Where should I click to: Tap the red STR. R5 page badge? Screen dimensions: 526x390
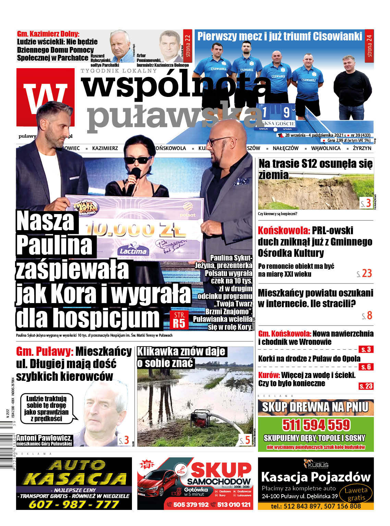[179, 320]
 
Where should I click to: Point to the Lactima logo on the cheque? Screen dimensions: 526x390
[133, 251]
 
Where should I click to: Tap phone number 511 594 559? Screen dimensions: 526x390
[316, 425]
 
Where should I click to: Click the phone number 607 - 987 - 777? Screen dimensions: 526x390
[74, 504]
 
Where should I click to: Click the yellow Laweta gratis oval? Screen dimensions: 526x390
[356, 494]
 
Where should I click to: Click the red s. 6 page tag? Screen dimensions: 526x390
[366, 367]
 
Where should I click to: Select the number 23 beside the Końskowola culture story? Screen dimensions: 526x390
[367, 273]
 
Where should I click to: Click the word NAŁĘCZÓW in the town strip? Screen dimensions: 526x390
[285, 148]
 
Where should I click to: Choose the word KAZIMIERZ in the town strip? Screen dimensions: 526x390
[105, 148]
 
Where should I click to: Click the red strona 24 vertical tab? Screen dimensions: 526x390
[369, 46]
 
